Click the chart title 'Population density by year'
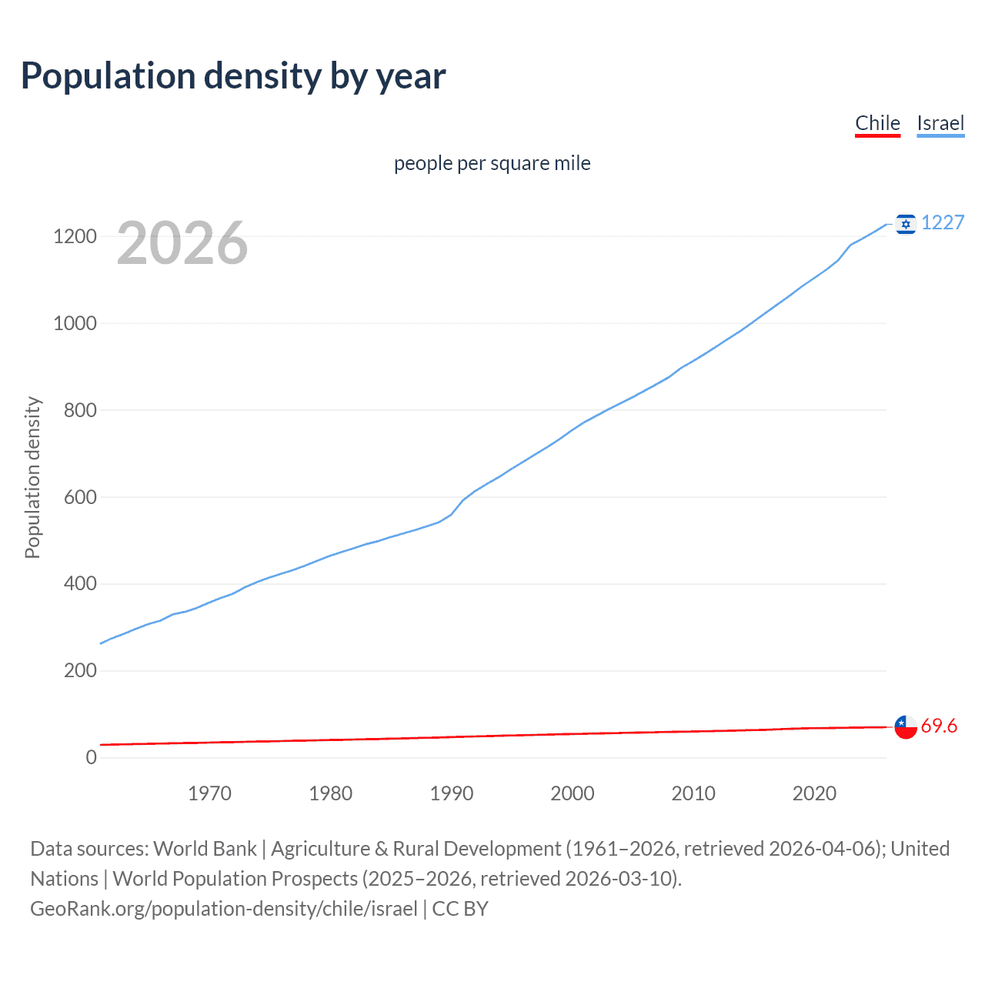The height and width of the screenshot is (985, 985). coord(233,76)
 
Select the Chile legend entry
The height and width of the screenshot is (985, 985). coord(877,123)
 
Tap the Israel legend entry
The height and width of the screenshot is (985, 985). coord(940,123)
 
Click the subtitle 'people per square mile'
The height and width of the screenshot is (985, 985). coord(492,163)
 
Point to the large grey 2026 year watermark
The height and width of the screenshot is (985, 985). coord(182,243)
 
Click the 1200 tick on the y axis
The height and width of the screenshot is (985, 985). coord(75,236)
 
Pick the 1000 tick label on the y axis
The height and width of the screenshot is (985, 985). coord(75,323)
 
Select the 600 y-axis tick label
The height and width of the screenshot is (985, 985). coord(80,497)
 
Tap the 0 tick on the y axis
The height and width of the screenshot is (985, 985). coord(92,757)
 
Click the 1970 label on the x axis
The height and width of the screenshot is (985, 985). coord(209,793)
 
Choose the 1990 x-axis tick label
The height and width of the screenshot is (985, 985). coord(452,793)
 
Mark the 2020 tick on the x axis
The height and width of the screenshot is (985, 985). coord(814,793)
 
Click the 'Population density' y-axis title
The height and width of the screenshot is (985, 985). coord(32,477)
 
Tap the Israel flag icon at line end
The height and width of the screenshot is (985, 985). coord(906,224)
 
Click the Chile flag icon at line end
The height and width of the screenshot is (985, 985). coord(906,726)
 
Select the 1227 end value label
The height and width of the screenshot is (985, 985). coord(943,222)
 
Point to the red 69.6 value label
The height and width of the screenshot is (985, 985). coord(939,726)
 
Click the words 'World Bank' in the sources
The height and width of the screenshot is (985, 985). coord(205,849)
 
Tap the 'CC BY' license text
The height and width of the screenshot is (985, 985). coord(460,909)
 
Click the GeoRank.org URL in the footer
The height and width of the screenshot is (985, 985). coord(223,909)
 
